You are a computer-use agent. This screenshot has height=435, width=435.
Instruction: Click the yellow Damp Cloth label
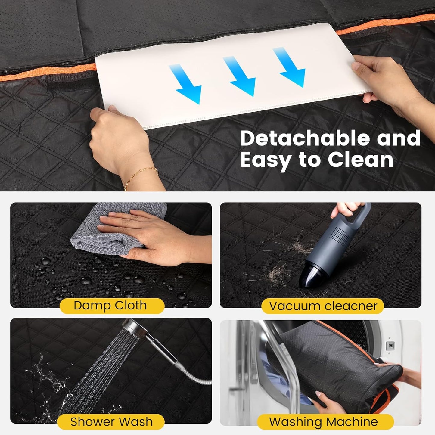(112, 306)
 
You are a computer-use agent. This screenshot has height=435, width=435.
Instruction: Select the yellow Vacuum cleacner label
(322, 306)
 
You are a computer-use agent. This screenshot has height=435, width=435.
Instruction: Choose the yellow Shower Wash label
(111, 422)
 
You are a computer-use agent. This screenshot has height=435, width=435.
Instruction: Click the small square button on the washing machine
(390, 345)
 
